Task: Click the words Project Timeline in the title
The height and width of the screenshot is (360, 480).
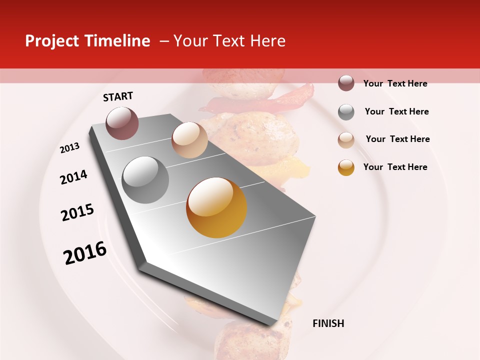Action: click(87, 41)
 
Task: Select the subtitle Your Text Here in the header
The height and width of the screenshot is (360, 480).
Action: click(229, 41)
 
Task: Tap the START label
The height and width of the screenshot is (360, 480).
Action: click(118, 96)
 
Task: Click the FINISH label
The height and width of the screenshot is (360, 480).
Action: click(328, 323)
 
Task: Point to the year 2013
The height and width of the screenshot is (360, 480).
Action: click(69, 148)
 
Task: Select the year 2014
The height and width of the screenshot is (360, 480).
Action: click(73, 177)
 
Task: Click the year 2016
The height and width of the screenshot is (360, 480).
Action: click(85, 253)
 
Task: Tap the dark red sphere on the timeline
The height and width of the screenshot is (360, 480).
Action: click(122, 123)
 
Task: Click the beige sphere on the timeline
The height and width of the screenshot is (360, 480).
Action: click(189, 140)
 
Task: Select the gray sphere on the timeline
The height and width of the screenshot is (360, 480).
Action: click(145, 180)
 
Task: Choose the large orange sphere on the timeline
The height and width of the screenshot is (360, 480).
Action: click(216, 207)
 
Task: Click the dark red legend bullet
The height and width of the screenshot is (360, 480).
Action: click(346, 83)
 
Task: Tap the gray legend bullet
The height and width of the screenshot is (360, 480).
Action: click(346, 111)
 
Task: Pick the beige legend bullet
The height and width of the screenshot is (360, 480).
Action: click(346, 139)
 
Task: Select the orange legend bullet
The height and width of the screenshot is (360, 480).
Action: click(346, 167)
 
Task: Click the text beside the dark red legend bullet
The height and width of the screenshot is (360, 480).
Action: click(395, 83)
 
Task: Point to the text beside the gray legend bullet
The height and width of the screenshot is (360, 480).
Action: click(396, 111)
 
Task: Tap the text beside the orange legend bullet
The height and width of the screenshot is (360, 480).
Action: click(395, 167)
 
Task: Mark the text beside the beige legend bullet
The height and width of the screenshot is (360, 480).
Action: click(397, 139)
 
